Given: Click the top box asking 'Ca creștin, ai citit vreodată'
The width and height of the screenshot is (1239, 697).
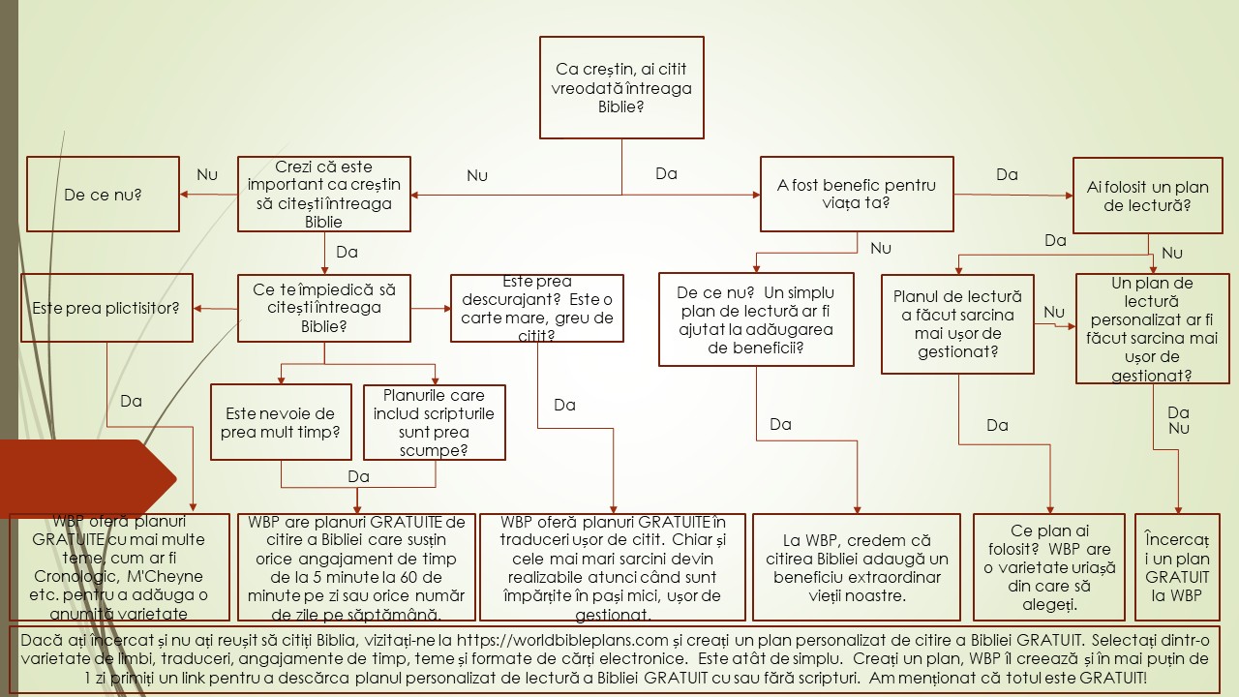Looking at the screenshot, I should coord(621,88).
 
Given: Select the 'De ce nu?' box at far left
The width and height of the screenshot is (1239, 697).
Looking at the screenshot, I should coord(103,195).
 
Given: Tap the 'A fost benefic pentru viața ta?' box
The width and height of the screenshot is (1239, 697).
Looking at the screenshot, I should coord(856,195).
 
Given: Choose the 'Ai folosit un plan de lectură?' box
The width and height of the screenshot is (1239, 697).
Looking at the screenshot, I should coord(1145,195).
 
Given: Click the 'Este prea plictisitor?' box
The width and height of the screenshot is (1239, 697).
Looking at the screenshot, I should coord(106,308).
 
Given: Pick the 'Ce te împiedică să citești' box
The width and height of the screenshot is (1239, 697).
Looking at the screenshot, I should coord(324,308).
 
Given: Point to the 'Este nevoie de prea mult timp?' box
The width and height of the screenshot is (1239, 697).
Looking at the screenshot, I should coord(282,423).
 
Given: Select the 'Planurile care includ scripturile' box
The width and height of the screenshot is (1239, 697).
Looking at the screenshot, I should coord(434,423).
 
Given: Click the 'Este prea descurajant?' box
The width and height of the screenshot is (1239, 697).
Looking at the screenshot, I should coord(537,309).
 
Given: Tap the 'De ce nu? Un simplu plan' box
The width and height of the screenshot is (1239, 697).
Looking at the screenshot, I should coord(756,319).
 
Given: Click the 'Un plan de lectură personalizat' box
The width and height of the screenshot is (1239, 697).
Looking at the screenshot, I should coord(1152,329).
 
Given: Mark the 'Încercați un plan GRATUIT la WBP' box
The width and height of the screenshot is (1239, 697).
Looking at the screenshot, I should coord(1177,566).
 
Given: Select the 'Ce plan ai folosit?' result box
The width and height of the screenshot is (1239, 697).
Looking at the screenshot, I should coord(1049,566).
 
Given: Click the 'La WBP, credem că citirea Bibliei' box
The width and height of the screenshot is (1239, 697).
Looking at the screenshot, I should coord(857,567).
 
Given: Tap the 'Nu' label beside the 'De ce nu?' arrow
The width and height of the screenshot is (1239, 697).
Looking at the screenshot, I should coord(207,174).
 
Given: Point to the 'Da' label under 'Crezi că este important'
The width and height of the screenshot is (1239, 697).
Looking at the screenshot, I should coord(347,252).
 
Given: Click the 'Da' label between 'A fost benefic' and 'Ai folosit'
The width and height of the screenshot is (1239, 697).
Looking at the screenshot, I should coord(1007,174).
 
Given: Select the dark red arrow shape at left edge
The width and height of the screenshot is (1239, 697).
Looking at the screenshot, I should coord(87,477).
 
